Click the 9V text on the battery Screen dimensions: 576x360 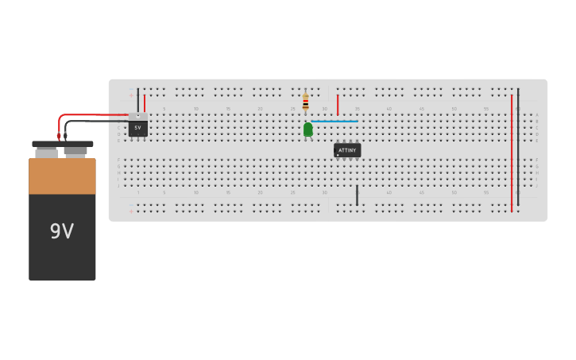coord(62,231)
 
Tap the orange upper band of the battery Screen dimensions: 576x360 coord(62,176)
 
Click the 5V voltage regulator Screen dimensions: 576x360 coord(137,127)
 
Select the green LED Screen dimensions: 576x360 coord(307,129)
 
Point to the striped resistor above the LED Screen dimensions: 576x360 coord(305,102)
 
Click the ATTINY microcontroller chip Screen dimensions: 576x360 coord(347,149)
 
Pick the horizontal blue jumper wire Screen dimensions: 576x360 coord(334,121)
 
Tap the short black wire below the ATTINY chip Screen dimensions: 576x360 coord(357,195)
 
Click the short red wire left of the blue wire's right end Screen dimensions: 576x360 coord(338,105)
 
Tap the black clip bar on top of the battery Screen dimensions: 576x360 coord(62,144)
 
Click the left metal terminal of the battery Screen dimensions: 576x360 coord(46,151)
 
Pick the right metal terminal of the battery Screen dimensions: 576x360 coord(75,150)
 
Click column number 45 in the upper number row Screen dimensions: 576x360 coord(422,108)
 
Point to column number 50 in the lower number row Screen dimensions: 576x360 coord(454,192)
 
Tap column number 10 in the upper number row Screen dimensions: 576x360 coord(196,108)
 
